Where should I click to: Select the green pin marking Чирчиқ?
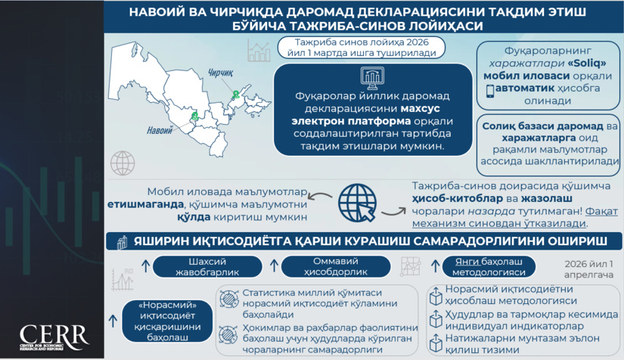237,94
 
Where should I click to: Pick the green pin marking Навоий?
195,116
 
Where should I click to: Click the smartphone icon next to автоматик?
489,89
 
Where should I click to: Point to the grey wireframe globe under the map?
122,163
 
